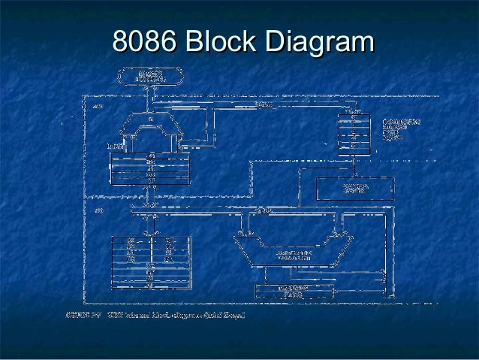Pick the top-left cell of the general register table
(131, 241)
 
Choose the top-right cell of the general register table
(169, 241)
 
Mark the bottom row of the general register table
(150, 285)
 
